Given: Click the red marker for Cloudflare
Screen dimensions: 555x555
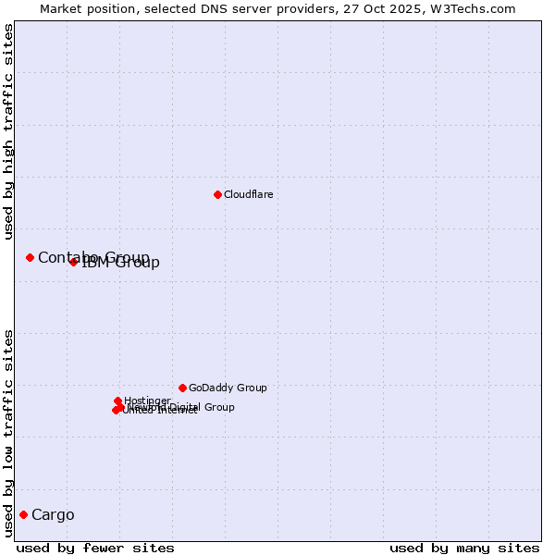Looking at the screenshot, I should point(217,194).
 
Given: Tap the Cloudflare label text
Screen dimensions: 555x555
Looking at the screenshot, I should point(248,194).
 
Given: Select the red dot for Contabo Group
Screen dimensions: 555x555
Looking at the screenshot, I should point(30,257).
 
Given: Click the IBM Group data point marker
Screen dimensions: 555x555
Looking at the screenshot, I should point(73,262).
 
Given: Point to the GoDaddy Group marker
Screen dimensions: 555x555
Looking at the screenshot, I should point(182,388).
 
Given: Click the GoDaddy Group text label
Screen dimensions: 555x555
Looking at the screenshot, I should point(228,388).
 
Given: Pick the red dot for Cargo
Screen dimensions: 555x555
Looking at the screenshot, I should point(23,514).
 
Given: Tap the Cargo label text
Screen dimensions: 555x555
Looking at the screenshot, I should point(53,514).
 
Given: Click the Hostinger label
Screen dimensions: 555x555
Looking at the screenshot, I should point(147,401).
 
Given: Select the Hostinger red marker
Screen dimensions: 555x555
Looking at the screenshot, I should point(117,401).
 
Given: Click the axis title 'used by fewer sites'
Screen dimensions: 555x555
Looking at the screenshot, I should point(95,548).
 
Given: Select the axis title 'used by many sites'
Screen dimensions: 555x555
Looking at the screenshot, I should point(464,548).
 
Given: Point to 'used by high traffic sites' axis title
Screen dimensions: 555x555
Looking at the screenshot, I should point(9,131).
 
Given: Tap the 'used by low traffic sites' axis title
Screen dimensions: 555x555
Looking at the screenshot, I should point(9,432).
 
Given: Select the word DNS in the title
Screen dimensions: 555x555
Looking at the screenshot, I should point(220,8).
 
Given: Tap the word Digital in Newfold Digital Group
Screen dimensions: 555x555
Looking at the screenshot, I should point(183,407).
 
